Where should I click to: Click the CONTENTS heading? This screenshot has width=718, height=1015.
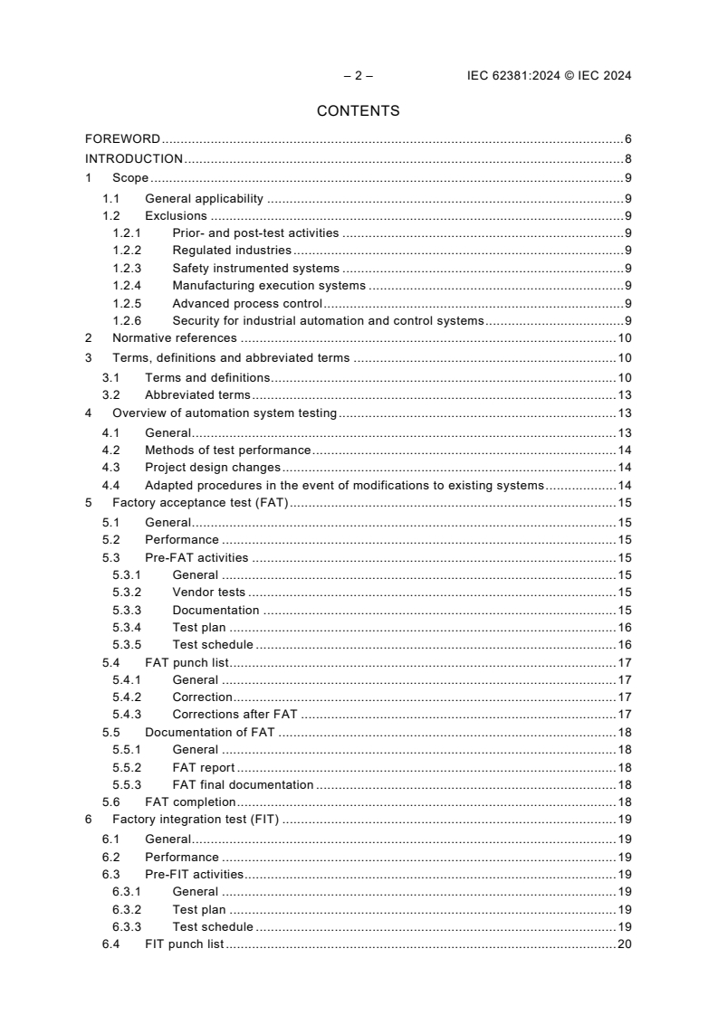coord(358,111)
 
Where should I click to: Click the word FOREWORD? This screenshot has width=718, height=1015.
coord(122,139)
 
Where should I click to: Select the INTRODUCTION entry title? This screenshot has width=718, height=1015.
coord(134,159)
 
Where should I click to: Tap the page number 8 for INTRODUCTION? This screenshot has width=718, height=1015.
coord(627,159)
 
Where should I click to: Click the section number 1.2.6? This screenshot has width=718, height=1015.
coord(128,321)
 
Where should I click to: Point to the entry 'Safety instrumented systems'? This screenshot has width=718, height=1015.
coord(255,269)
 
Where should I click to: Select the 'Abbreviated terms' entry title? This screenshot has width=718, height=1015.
coord(197,395)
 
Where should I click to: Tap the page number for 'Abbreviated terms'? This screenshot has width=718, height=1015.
coord(624,395)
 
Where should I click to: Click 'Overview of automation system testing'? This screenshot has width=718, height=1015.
coord(225,413)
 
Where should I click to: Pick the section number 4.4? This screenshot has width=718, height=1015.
coord(110,486)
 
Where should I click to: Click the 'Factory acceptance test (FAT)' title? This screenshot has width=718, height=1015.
coord(200,504)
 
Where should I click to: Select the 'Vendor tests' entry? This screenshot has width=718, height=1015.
coord(208,593)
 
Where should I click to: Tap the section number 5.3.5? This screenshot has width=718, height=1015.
coord(128,645)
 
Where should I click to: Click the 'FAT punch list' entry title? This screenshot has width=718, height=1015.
coord(187,663)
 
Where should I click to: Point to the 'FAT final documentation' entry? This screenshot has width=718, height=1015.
coord(243,785)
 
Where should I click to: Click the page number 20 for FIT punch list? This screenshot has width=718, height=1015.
coord(624,944)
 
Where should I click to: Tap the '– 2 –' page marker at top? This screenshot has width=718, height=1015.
coord(358,76)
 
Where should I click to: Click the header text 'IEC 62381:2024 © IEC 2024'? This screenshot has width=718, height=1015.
coord(542,76)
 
